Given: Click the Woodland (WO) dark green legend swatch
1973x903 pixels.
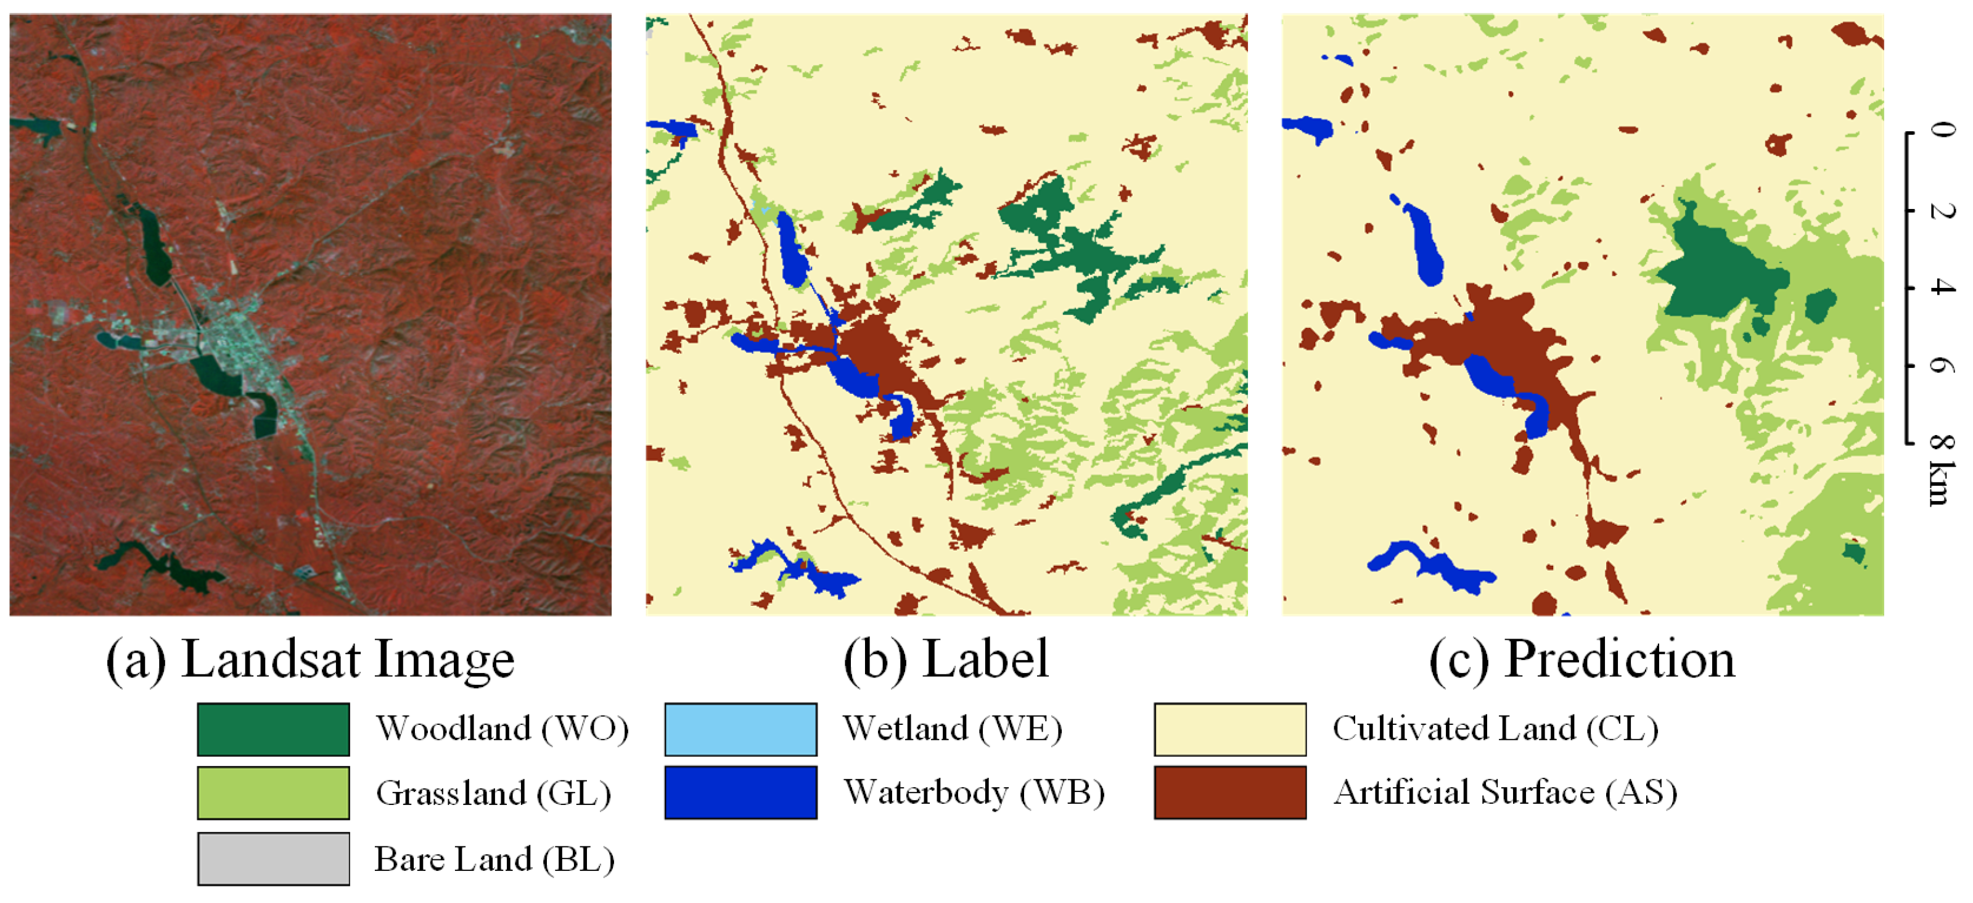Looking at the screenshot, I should [273, 729].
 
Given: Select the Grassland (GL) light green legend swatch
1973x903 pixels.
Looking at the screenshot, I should [273, 793].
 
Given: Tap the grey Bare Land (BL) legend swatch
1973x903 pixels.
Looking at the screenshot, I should [273, 859].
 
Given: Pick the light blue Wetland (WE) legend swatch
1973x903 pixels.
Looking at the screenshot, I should [740, 729].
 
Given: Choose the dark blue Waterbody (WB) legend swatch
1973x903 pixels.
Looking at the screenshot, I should [740, 793].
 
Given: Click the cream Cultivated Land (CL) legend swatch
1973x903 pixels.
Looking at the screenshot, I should [1229, 729].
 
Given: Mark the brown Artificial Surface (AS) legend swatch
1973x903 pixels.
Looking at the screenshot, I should [1229, 793].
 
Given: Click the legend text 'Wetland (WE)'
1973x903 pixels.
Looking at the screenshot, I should [952, 729].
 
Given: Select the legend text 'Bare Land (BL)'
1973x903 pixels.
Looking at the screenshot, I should [494, 859].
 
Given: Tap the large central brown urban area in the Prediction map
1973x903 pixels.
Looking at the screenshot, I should [1501, 337].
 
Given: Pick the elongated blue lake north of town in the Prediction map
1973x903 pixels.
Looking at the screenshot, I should [1425, 241].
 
